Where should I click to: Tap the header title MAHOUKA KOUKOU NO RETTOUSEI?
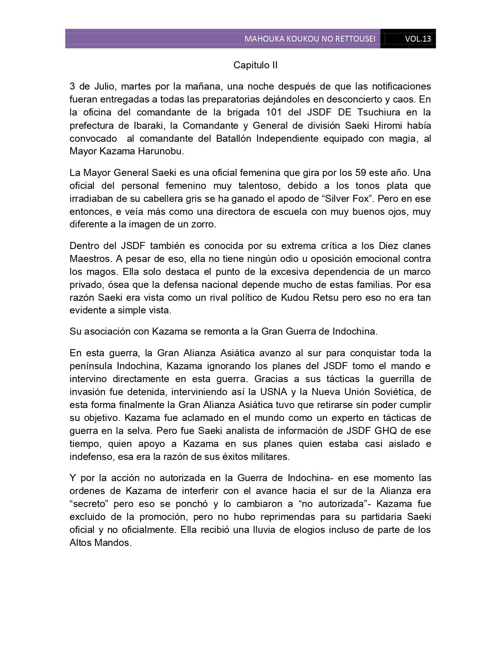pyautogui.click(x=310, y=39)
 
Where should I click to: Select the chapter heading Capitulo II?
pyautogui.click(x=255, y=65)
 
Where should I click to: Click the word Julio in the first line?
pyautogui.click(x=104, y=86)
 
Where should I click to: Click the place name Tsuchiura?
pyautogui.click(x=379, y=112)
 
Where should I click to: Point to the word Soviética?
pyautogui.click(x=387, y=392)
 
